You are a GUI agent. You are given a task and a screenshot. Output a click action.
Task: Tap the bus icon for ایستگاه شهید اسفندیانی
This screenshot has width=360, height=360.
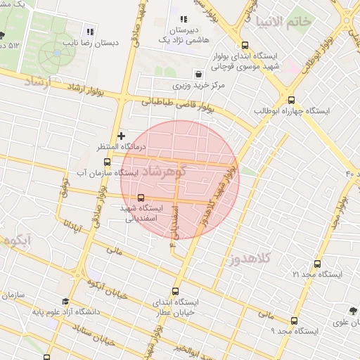tap(141, 198)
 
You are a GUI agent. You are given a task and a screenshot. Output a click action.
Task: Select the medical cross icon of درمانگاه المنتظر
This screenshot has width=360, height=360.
tap(122, 135)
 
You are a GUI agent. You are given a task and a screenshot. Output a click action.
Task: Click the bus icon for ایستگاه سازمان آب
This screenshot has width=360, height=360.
tap(107, 162)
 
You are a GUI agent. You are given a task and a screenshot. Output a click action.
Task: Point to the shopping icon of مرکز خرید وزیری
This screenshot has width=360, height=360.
tap(198, 74)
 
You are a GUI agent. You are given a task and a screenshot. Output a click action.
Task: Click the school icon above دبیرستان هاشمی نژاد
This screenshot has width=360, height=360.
tap(184, 20)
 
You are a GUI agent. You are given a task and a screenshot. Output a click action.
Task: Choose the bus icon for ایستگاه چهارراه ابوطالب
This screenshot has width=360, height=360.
tap(291, 100)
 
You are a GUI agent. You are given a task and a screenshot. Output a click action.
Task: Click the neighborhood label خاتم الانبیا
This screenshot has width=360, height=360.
tap(285, 21)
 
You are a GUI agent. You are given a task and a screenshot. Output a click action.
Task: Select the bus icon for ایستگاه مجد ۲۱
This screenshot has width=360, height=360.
tap(317, 264)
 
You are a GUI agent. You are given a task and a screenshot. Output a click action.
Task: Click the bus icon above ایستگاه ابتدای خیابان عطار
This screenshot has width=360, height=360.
tap(176, 290)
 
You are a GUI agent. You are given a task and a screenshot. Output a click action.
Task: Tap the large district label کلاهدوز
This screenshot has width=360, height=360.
tap(249, 261)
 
